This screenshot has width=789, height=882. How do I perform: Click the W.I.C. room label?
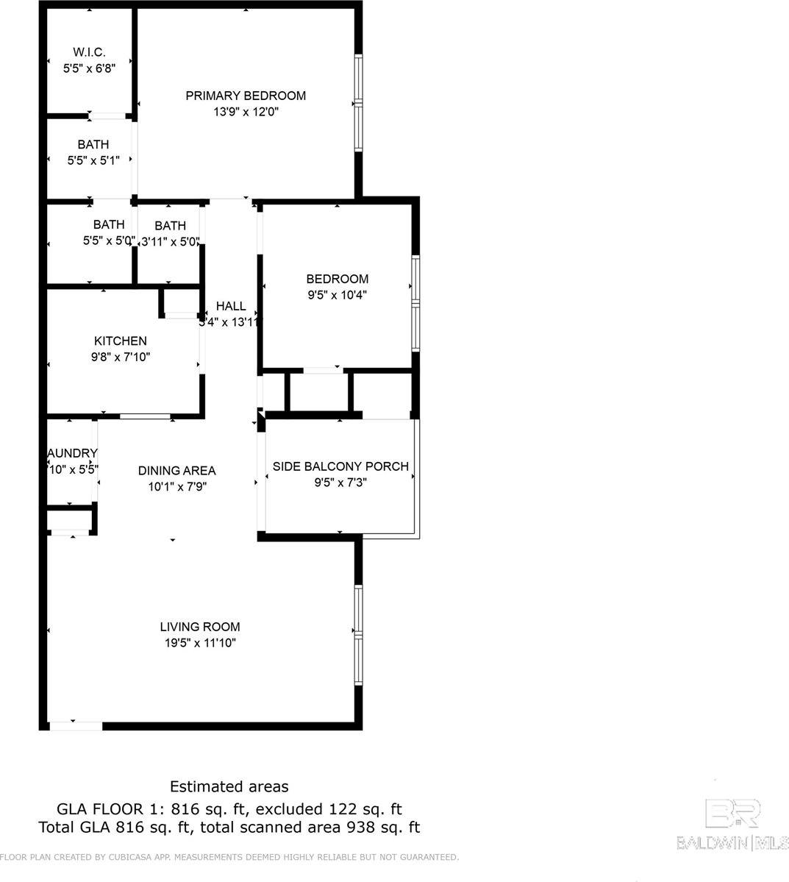tap(89, 52)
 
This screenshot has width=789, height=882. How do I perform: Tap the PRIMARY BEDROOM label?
tap(246, 96)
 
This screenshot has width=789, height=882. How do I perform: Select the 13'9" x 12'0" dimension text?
tap(246, 112)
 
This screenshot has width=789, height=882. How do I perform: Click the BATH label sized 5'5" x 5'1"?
tap(93, 144)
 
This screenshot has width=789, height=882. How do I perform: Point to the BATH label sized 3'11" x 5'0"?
tap(171, 226)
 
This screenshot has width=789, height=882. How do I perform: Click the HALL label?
tap(231, 306)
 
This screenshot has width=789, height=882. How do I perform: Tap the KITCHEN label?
tap(121, 341)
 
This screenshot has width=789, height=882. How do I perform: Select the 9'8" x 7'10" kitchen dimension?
tap(121, 357)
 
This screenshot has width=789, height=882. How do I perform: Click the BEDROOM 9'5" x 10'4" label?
tap(337, 279)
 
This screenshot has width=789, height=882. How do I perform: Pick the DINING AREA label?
tap(177, 470)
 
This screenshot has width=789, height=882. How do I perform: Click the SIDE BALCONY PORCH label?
tap(340, 466)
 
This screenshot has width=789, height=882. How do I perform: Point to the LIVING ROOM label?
tap(200, 627)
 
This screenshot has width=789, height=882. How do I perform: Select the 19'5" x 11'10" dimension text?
tap(200, 643)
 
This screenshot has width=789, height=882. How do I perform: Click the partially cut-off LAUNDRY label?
tap(72, 453)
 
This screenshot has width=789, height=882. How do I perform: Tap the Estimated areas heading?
tap(229, 787)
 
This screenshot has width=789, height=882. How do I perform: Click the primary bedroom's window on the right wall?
tap(358, 103)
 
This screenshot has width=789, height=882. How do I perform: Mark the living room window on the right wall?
tap(358, 634)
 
